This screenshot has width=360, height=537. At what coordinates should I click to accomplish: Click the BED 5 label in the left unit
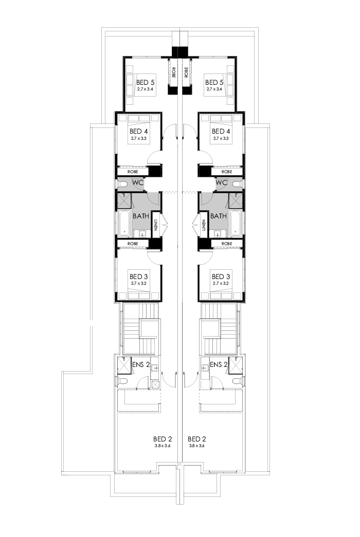pos(146,82)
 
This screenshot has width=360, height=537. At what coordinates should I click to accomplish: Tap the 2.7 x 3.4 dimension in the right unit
pos(214,89)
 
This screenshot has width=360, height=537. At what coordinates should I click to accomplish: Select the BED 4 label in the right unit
pos(221,131)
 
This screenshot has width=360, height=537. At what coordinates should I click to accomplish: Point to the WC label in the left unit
pos(137,182)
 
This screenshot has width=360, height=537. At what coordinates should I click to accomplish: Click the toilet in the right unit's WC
pos(237,183)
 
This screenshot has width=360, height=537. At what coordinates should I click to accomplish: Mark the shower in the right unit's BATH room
pos(236,200)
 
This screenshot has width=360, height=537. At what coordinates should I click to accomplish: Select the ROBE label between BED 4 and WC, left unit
pos(133,172)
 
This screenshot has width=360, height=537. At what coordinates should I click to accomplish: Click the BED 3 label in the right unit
pos(221,276)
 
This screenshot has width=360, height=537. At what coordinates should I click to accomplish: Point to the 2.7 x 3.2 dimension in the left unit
pos(139,283)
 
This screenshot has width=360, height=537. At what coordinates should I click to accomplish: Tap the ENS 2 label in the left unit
pos(140,365)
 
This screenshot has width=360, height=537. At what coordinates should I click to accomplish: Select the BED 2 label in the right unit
pos(197,439)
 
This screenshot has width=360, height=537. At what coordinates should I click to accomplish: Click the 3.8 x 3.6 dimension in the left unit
pos(162,446)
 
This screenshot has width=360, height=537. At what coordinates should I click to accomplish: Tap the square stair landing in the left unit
pos(149,328)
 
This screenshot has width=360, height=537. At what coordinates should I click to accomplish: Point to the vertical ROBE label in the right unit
pos(187,72)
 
